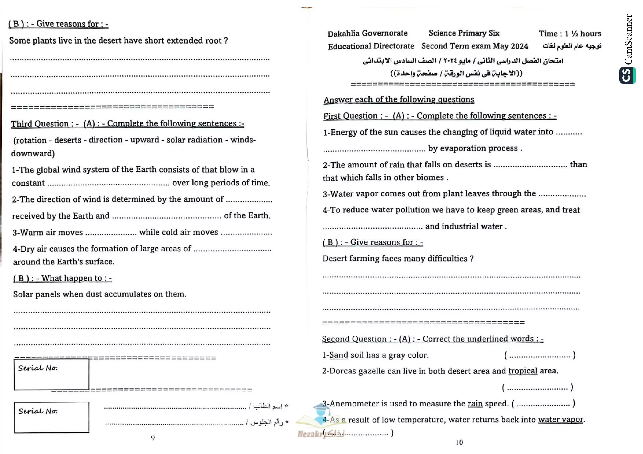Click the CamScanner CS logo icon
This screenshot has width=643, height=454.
click(x=627, y=75)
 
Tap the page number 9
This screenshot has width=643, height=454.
click(x=153, y=438)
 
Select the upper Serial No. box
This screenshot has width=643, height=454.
click(x=52, y=375)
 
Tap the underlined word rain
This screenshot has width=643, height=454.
click(x=475, y=404)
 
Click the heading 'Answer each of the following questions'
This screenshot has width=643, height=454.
click(x=399, y=100)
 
